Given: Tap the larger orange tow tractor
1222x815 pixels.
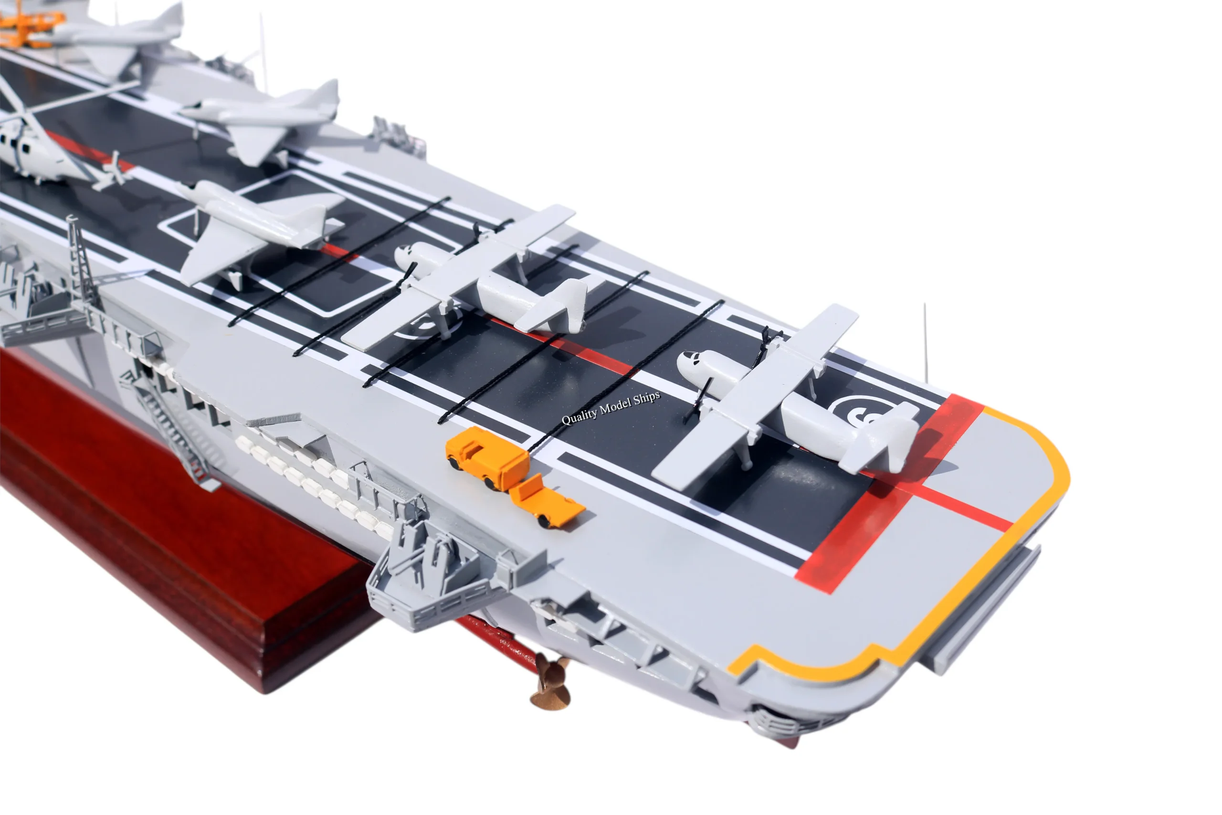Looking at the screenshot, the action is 487,456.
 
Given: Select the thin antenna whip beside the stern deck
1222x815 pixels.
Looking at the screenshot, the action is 926,343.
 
